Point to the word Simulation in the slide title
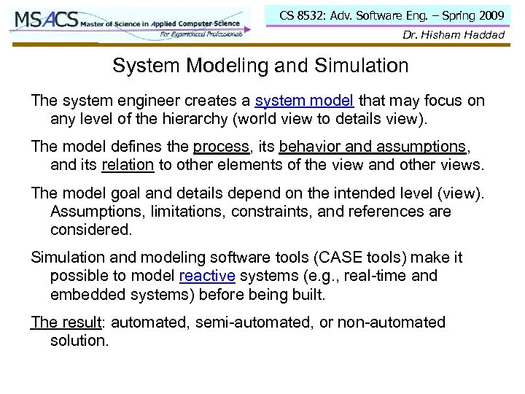pos(365,66)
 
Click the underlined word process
pos(222,146)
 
